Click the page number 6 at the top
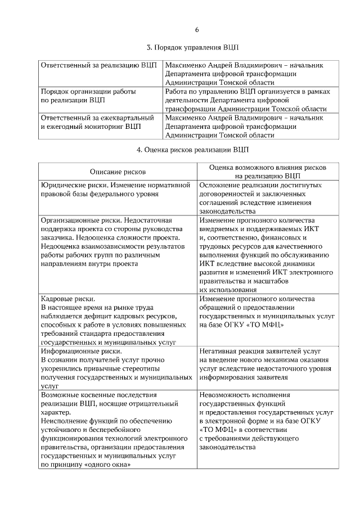(x=197, y=30)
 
